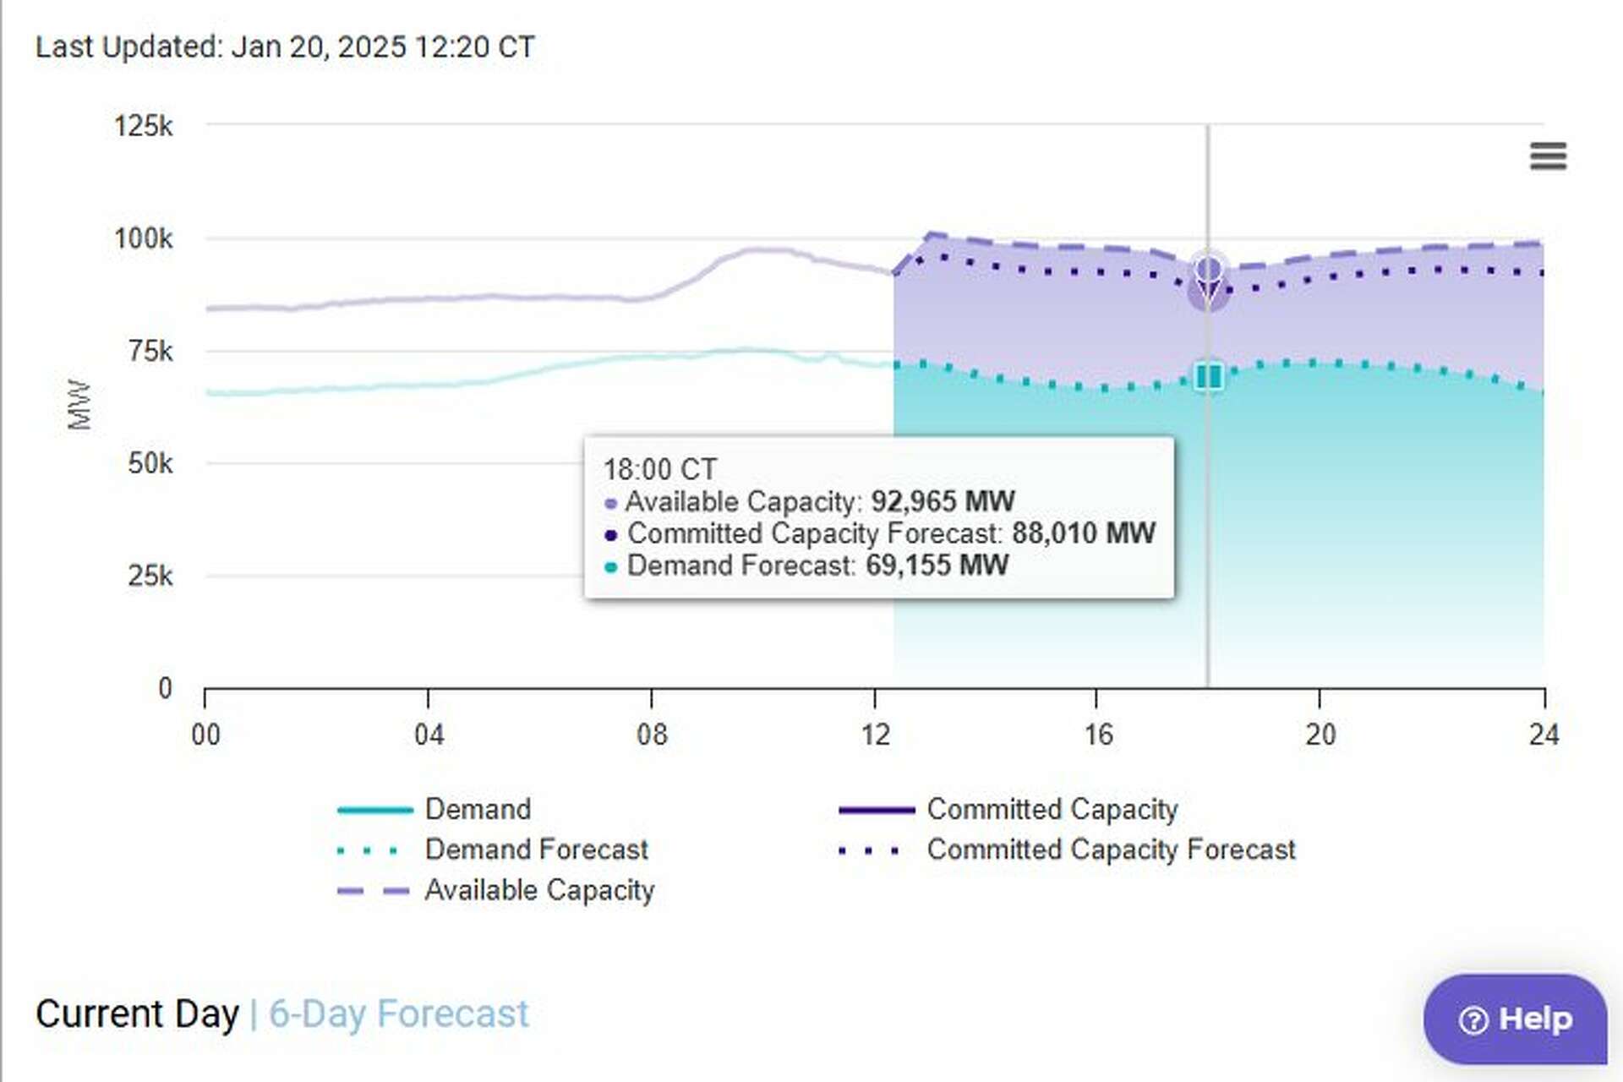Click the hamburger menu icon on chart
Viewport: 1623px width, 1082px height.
(x=1548, y=156)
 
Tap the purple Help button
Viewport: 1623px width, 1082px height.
(x=1516, y=1019)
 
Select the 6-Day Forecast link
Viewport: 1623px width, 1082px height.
(x=398, y=1014)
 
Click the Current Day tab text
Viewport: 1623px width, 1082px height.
(x=137, y=1014)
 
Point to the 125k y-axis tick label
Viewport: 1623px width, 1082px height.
(x=143, y=127)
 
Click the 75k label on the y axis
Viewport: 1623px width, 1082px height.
(x=150, y=351)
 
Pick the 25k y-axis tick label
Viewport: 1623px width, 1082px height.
(x=150, y=577)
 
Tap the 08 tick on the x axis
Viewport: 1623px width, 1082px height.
(x=651, y=734)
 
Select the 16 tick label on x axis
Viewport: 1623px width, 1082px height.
(x=1098, y=734)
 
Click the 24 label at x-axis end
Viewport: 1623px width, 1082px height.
(x=1544, y=734)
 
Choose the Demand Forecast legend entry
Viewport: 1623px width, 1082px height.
(x=536, y=850)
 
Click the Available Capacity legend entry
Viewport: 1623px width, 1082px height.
(x=538, y=890)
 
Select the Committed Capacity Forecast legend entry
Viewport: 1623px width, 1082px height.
(x=1110, y=850)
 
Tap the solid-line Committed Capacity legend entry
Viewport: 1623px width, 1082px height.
(x=1052, y=809)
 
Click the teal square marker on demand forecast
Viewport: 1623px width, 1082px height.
(x=1208, y=376)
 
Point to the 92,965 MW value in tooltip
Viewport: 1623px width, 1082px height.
(x=943, y=501)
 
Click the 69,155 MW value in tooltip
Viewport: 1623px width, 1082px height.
(x=937, y=566)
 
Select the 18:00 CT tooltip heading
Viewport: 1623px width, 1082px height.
(x=659, y=469)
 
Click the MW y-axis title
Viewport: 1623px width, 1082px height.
(x=79, y=405)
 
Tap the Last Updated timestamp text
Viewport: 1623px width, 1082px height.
(x=285, y=46)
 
